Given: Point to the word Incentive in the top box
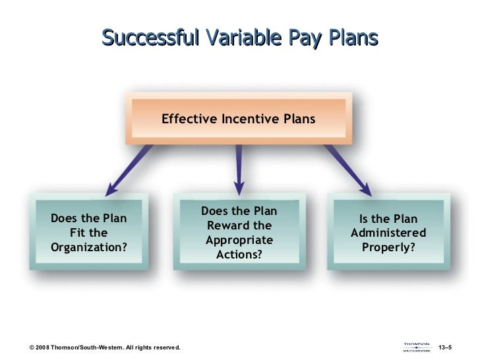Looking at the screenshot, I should pos(249,119).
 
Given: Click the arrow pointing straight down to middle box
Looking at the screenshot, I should pos(239,167).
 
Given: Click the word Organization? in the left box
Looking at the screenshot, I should pos(88,247).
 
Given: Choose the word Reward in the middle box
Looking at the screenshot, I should pos(239,226).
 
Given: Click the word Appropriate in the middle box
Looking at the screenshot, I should pos(239,240).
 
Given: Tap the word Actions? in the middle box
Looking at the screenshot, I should pos(239,254).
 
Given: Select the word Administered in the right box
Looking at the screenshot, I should pos(388,233).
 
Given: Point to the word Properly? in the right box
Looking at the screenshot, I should pos(388,247).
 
